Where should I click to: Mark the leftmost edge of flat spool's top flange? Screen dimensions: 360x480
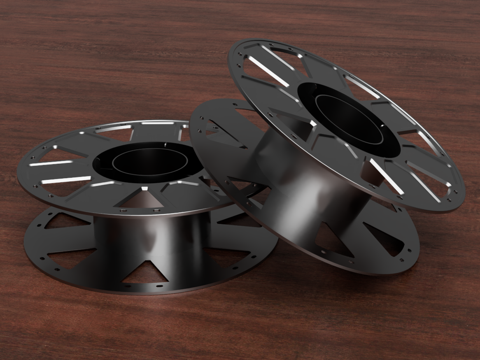click(x=19, y=173)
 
